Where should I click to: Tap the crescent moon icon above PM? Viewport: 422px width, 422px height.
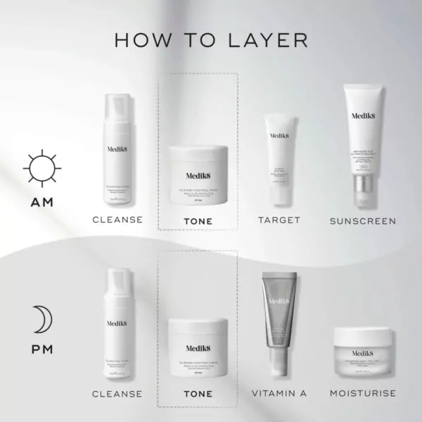[41, 320]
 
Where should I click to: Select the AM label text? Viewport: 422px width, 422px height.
[41, 203]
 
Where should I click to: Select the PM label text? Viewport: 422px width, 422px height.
[41, 350]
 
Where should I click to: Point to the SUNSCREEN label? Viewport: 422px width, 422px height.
[363, 221]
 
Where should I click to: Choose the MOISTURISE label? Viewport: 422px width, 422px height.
[362, 393]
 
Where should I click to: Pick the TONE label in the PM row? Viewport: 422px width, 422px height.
[198, 394]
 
